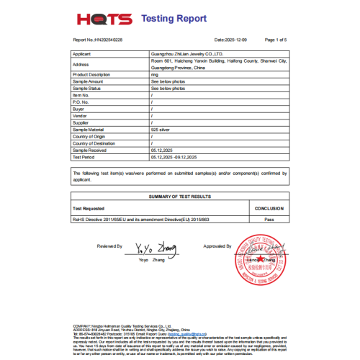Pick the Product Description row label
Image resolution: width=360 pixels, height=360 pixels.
pyautogui.click(x=91, y=74)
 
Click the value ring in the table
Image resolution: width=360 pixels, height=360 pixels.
pyautogui.click(x=155, y=74)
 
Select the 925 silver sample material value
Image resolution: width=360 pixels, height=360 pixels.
pyautogui.click(x=161, y=130)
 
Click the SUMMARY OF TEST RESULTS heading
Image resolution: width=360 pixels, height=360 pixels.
pyautogui.click(x=179, y=196)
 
